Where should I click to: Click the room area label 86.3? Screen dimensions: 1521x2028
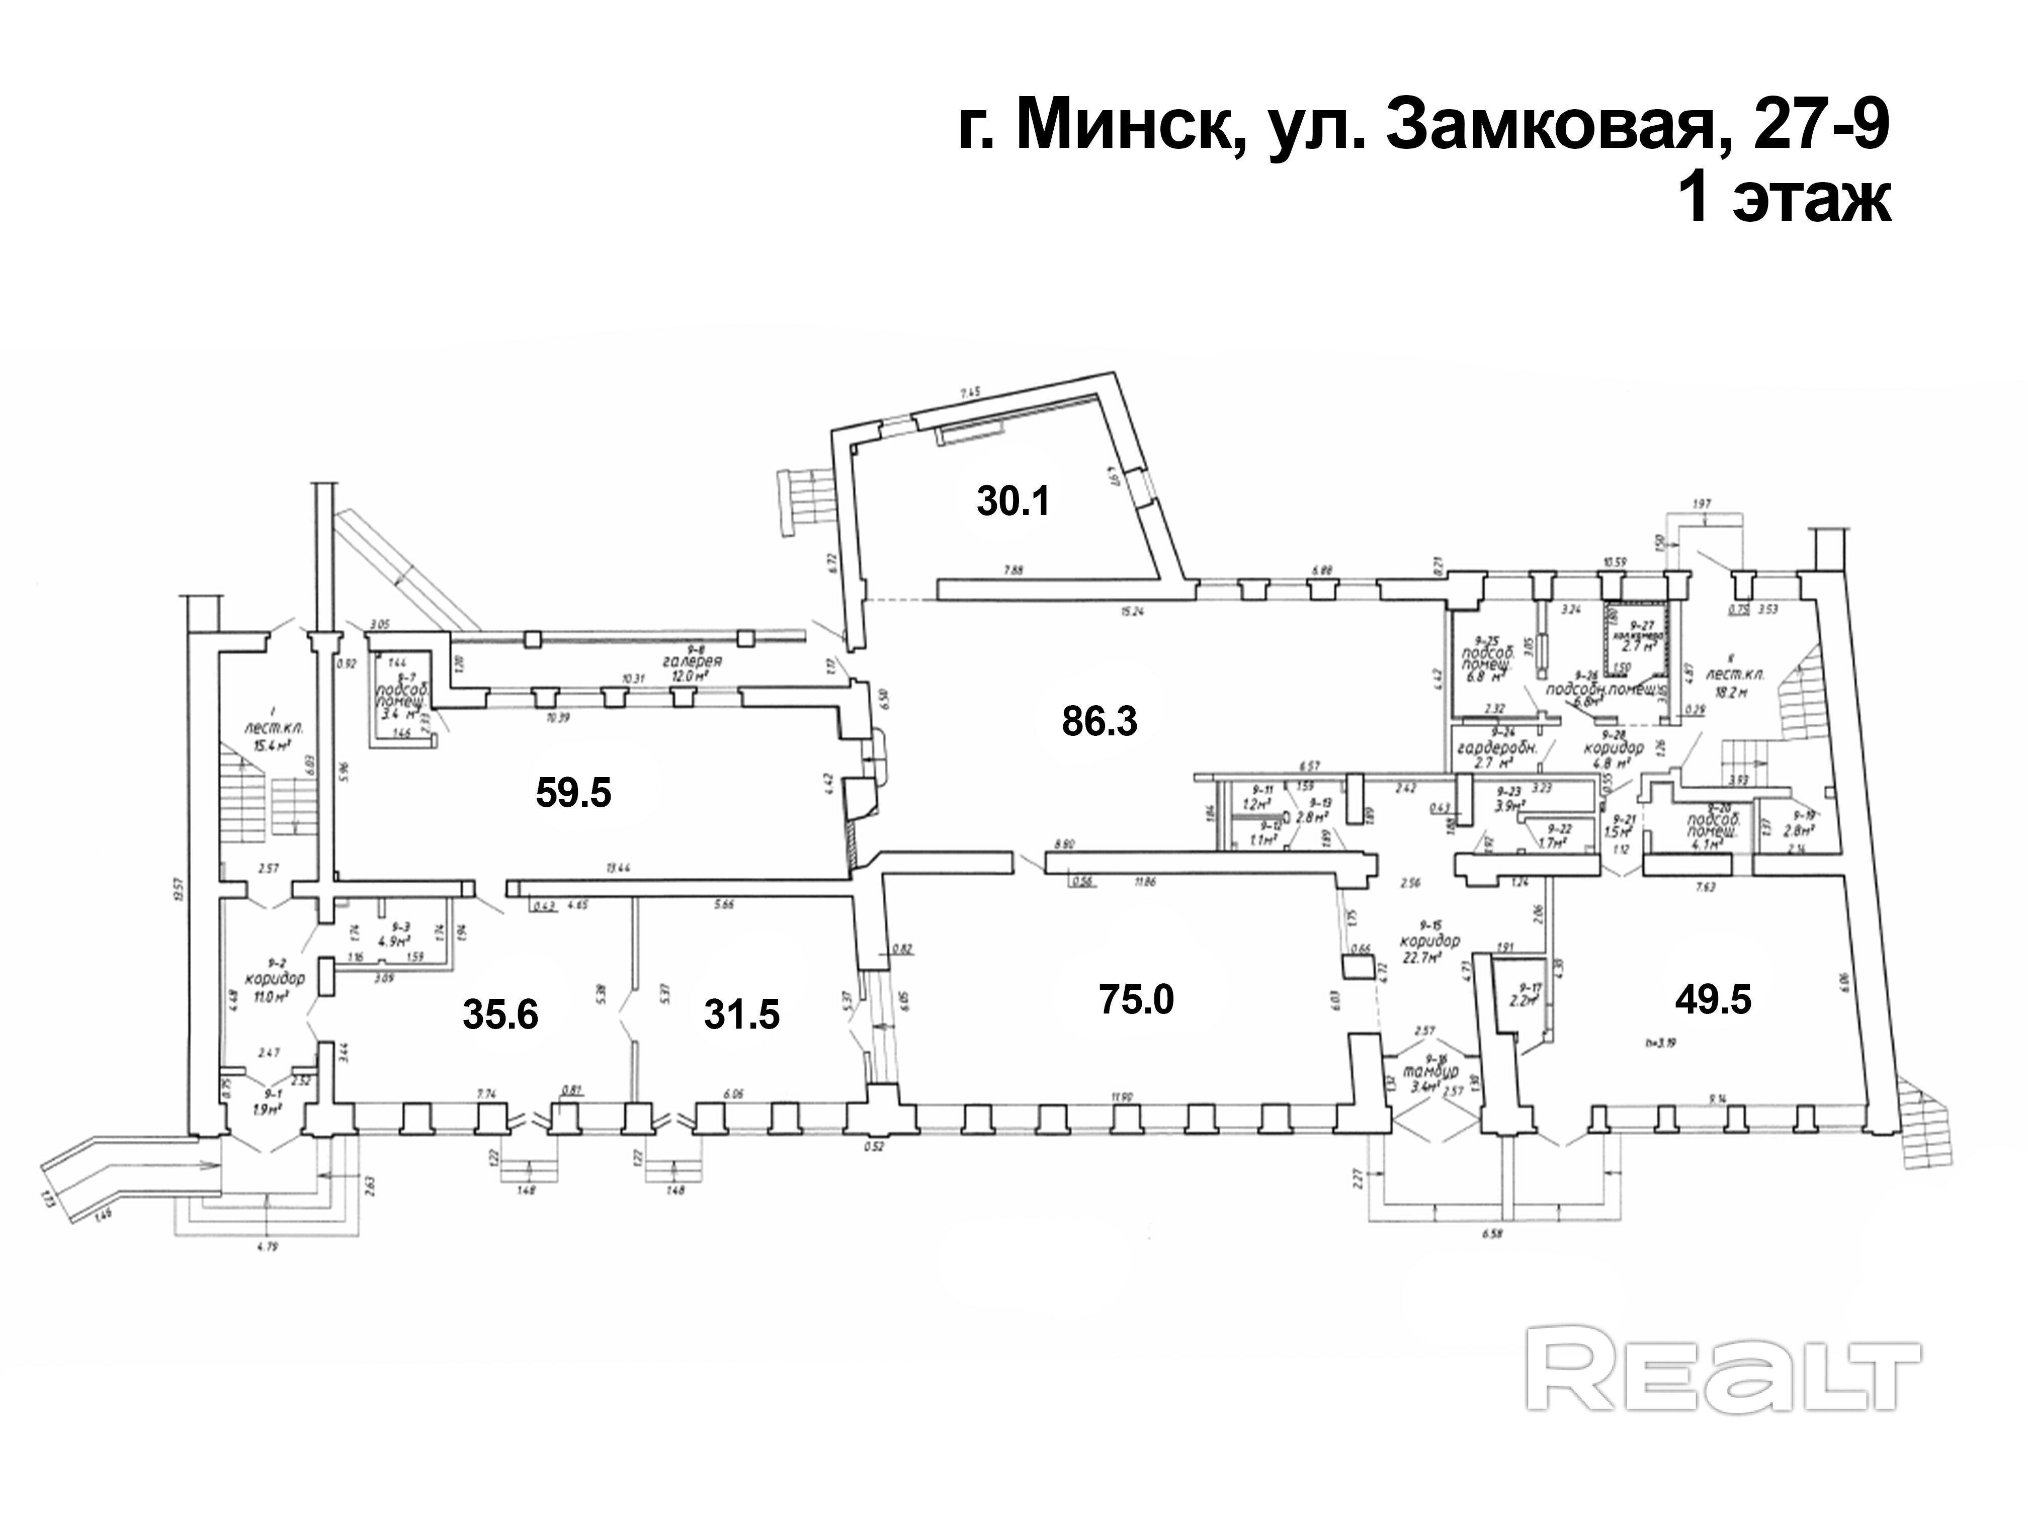(x=1100, y=722)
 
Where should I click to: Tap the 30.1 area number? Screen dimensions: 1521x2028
(x=1013, y=501)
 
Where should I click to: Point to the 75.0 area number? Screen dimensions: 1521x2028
(x=1136, y=998)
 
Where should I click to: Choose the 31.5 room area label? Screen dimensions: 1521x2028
(x=742, y=1015)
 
